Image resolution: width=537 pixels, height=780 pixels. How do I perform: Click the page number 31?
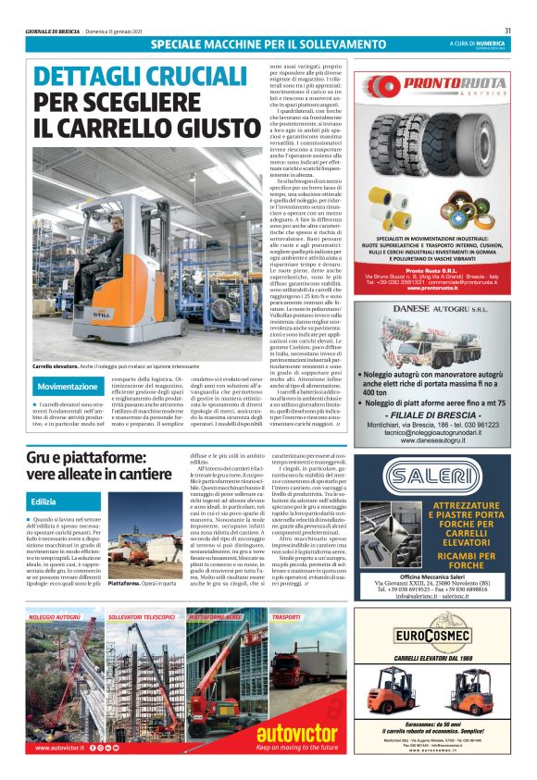[x=508, y=31]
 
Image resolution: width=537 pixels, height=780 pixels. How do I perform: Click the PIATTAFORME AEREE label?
[x=216, y=616]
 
